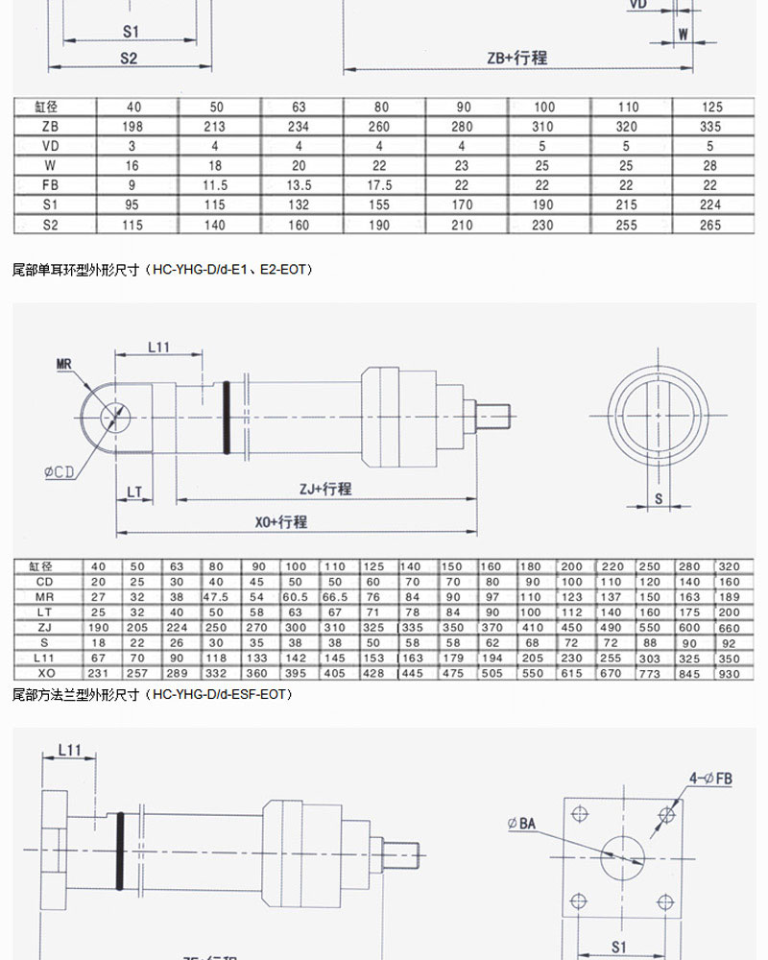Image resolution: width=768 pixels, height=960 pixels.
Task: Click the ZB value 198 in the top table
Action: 132,127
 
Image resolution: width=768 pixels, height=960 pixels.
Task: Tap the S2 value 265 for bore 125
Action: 709,225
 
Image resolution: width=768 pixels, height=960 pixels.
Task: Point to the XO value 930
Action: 730,674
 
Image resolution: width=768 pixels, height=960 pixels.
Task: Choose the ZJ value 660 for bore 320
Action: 730,628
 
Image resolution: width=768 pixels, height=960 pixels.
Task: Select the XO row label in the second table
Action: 45,674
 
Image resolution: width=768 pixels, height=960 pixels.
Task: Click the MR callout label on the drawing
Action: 64,364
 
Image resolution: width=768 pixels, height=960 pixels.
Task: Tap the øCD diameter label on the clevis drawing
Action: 60,471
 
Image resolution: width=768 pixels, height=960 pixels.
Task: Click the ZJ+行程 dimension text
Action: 324,490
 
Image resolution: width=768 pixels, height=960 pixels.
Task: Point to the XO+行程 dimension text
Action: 280,522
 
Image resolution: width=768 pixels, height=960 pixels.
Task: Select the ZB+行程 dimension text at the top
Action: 516,58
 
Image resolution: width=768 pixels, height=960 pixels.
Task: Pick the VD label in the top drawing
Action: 637,5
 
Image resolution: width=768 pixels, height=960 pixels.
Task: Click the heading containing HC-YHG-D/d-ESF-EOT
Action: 152,693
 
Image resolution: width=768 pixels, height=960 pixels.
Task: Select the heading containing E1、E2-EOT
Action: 162,270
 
